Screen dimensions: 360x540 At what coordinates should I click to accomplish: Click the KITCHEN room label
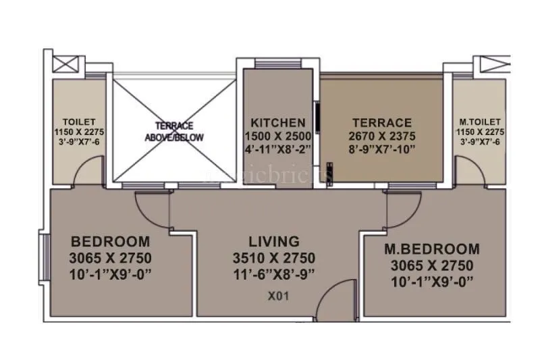tap(278, 122)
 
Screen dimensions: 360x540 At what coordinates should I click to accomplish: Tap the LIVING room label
tap(273, 241)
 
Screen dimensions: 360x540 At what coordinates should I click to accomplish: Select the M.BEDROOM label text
tap(432, 249)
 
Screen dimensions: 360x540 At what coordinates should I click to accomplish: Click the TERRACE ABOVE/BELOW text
tap(174, 131)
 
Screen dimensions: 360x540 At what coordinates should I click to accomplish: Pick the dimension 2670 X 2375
tap(382, 136)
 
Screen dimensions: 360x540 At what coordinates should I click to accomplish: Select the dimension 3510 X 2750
tap(273, 258)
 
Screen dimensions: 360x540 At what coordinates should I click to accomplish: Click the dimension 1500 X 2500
tap(278, 136)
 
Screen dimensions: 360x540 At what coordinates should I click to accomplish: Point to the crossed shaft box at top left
tap(65, 66)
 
